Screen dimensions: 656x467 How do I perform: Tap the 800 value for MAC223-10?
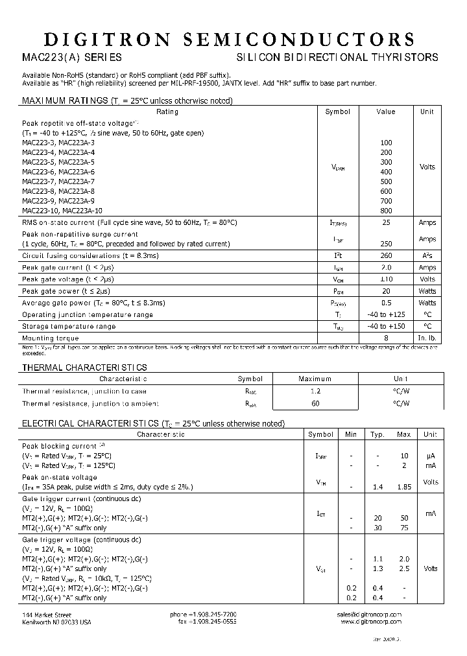pyautogui.click(x=386, y=211)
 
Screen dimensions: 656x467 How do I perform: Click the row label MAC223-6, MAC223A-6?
pyautogui.click(x=58, y=172)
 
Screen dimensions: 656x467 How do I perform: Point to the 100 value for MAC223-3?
pyautogui.click(x=386, y=142)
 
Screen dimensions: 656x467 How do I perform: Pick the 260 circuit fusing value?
pyautogui.click(x=386, y=256)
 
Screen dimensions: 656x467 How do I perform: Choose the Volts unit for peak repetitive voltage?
pyautogui.click(x=427, y=167)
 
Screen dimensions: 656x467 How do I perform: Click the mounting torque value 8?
pyautogui.click(x=386, y=338)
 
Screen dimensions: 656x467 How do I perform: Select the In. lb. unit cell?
pyautogui.click(x=427, y=338)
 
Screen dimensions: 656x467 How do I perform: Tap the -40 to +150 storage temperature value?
pyautogui.click(x=386, y=326)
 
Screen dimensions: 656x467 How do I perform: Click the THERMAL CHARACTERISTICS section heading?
pyautogui.click(x=84, y=368)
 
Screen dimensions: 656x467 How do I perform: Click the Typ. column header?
pyautogui.click(x=377, y=434)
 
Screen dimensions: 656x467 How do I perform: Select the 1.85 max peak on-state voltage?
pyautogui.click(x=403, y=487)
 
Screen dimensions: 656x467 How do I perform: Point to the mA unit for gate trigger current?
pyautogui.click(x=430, y=513)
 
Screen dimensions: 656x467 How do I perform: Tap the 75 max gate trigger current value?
pyautogui.click(x=403, y=528)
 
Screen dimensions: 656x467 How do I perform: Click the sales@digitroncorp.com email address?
pyautogui.click(x=369, y=614)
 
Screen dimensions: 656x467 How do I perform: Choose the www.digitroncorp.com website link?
pyautogui.click(x=370, y=622)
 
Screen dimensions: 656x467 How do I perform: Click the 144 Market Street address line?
pyautogui.click(x=47, y=614)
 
